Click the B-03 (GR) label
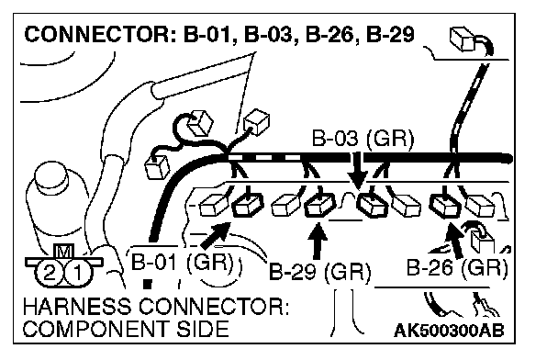tap(363, 139)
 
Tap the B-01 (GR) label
tap(183, 263)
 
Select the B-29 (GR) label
tap(319, 272)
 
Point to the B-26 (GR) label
tap(457, 268)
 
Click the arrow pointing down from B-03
tap(358, 171)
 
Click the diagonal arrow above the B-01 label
tap(216, 235)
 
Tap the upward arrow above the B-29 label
tap(318, 241)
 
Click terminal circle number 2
tap(50, 273)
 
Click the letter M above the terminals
tap(63, 252)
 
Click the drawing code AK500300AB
tap(449, 331)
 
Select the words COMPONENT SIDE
tap(126, 329)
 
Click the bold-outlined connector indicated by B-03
tap(373, 206)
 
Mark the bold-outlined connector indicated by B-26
tap(445, 206)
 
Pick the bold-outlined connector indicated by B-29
tap(320, 206)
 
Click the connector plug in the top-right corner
tap(463, 39)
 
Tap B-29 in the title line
tap(390, 35)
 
